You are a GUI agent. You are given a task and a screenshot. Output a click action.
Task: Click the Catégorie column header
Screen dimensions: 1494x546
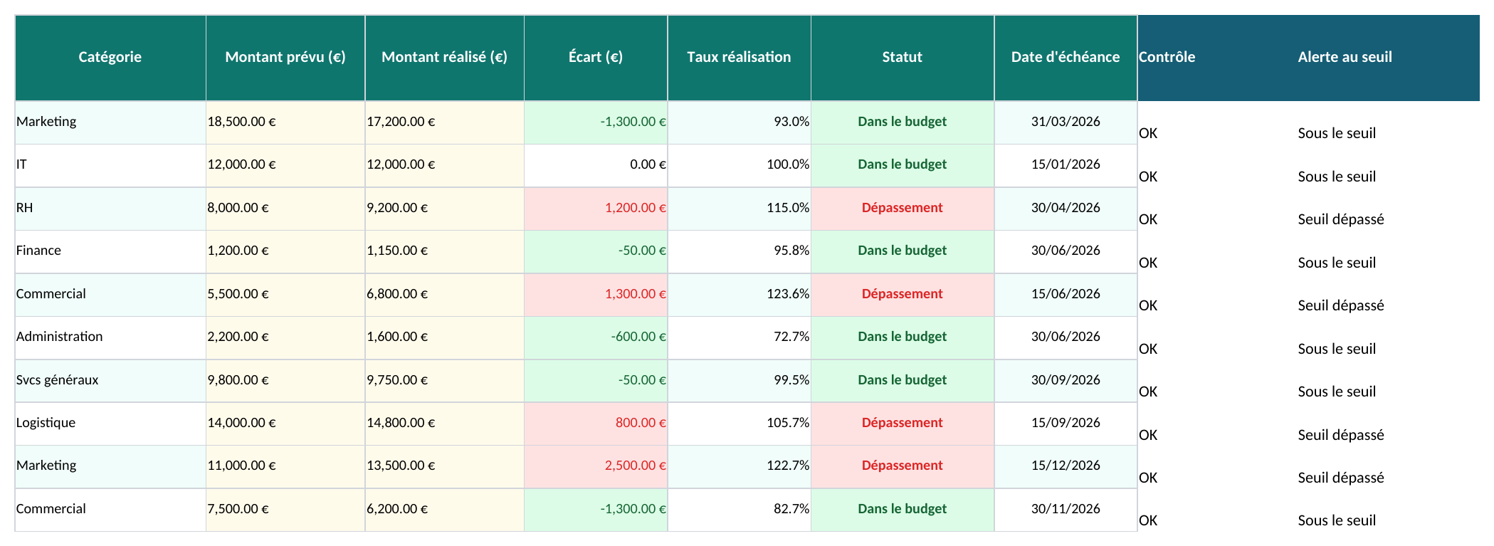pyautogui.click(x=110, y=57)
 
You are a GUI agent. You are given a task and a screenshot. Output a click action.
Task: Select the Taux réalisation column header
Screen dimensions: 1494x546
pyautogui.click(x=739, y=57)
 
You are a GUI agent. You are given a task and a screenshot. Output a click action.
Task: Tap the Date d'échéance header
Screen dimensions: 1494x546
pyautogui.click(x=1066, y=57)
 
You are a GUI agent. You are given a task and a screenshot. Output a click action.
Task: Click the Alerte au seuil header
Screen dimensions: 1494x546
pyautogui.click(x=1345, y=57)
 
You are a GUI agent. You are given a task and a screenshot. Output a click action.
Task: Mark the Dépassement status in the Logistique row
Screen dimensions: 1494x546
pyautogui.click(x=903, y=424)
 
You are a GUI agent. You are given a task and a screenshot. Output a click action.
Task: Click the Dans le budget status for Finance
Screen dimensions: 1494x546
pyautogui.click(x=903, y=251)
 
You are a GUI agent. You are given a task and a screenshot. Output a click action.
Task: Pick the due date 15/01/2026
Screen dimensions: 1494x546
pyautogui.click(x=1066, y=165)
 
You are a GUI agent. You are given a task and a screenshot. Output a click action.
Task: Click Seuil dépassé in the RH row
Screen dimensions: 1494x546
pyautogui.click(x=1341, y=219)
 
